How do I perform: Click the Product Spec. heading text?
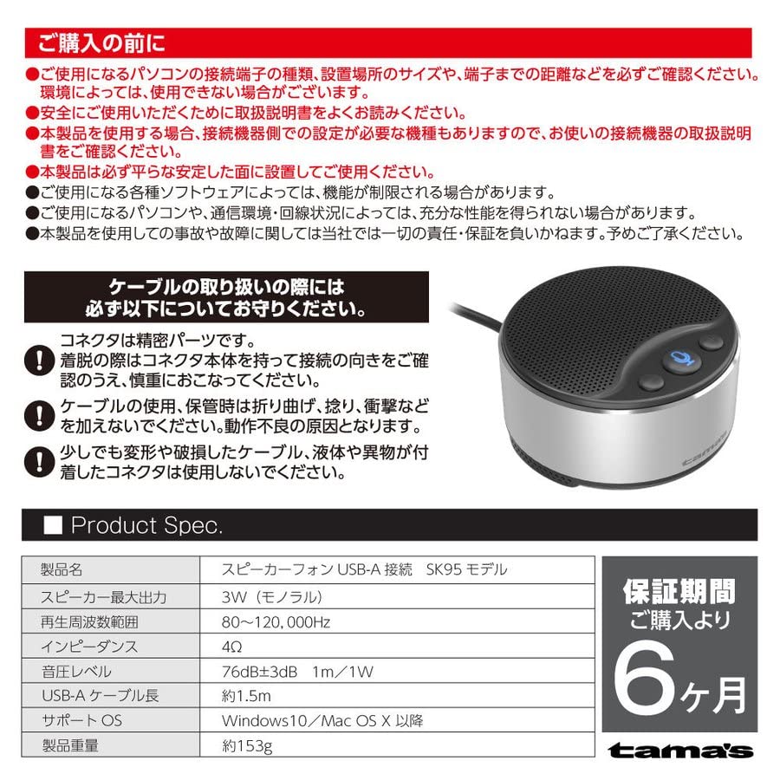[146, 525]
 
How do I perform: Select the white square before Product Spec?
[51, 525]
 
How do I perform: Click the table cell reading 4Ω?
[232, 647]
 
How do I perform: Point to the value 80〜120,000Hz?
[276, 621]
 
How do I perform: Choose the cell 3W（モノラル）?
[272, 596]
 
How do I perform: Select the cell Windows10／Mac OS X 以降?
[322, 720]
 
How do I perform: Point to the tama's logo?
[679, 751]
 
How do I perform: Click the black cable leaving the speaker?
[472, 312]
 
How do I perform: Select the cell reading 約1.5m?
[246, 695]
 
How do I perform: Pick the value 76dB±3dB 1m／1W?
[294, 671]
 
